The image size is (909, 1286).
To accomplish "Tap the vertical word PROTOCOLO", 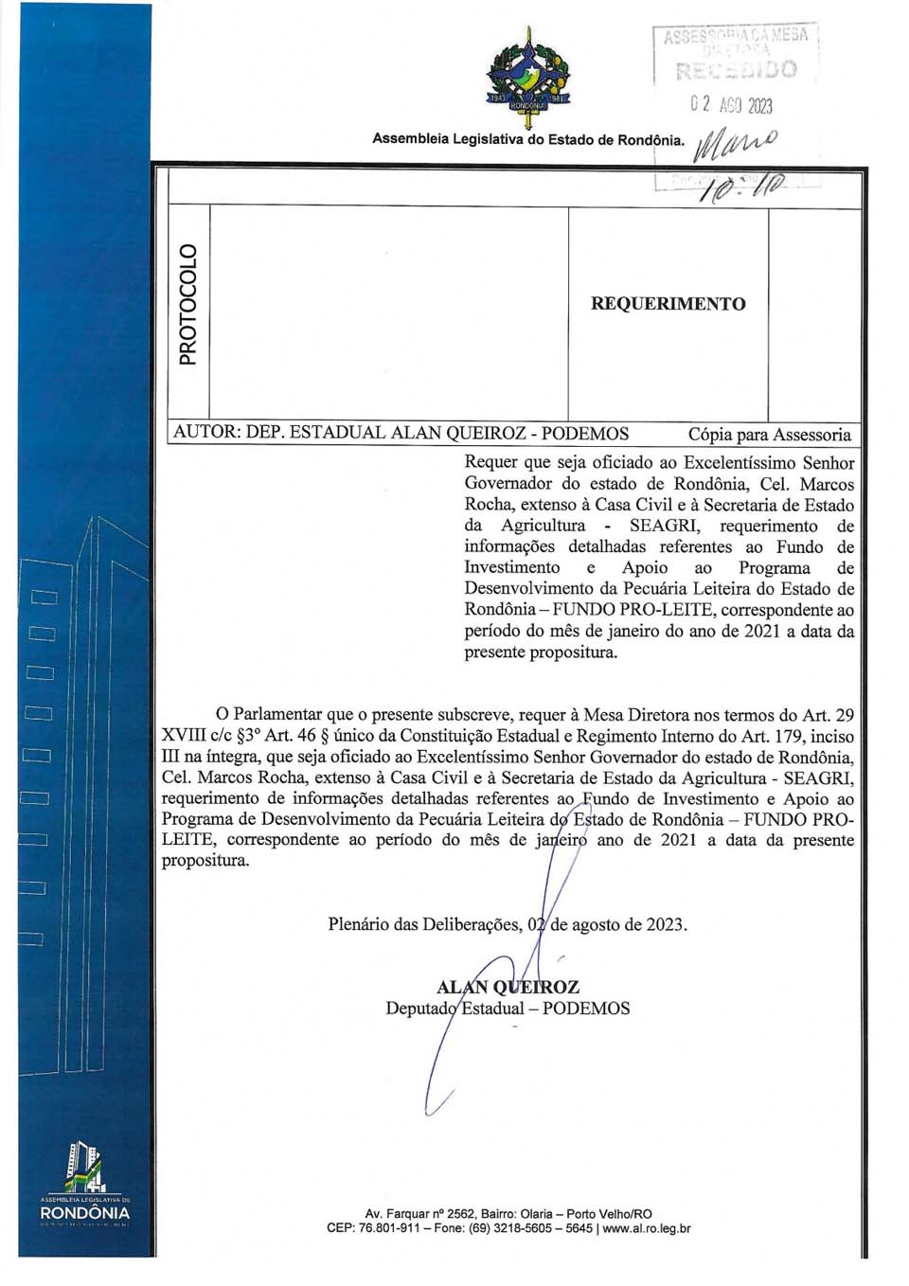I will click(188, 304).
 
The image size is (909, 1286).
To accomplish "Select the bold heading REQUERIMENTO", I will click(668, 304).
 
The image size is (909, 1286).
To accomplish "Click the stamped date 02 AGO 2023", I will click(731, 104).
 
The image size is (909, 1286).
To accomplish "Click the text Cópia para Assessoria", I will click(769, 435).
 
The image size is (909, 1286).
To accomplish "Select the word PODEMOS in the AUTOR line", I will click(584, 434).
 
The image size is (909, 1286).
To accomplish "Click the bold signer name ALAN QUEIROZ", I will click(508, 987).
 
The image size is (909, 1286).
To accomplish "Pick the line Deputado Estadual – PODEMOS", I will click(508, 1009).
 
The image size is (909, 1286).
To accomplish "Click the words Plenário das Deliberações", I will click(423, 924).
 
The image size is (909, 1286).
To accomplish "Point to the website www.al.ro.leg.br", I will click(646, 1229).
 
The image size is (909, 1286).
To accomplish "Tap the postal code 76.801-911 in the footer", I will click(387, 1229).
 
